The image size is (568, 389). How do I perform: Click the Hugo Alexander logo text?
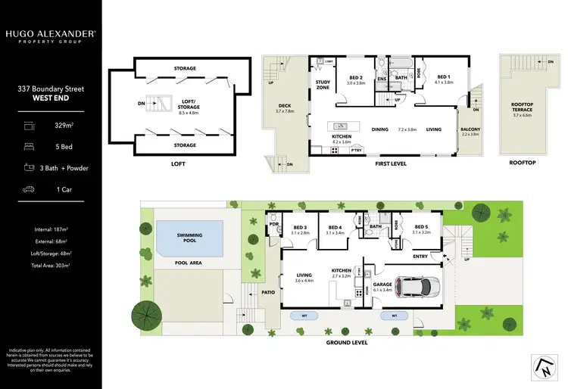click(50, 34)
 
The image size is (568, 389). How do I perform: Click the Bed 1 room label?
click(444, 79)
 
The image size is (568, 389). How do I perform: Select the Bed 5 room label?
click(422, 229)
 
